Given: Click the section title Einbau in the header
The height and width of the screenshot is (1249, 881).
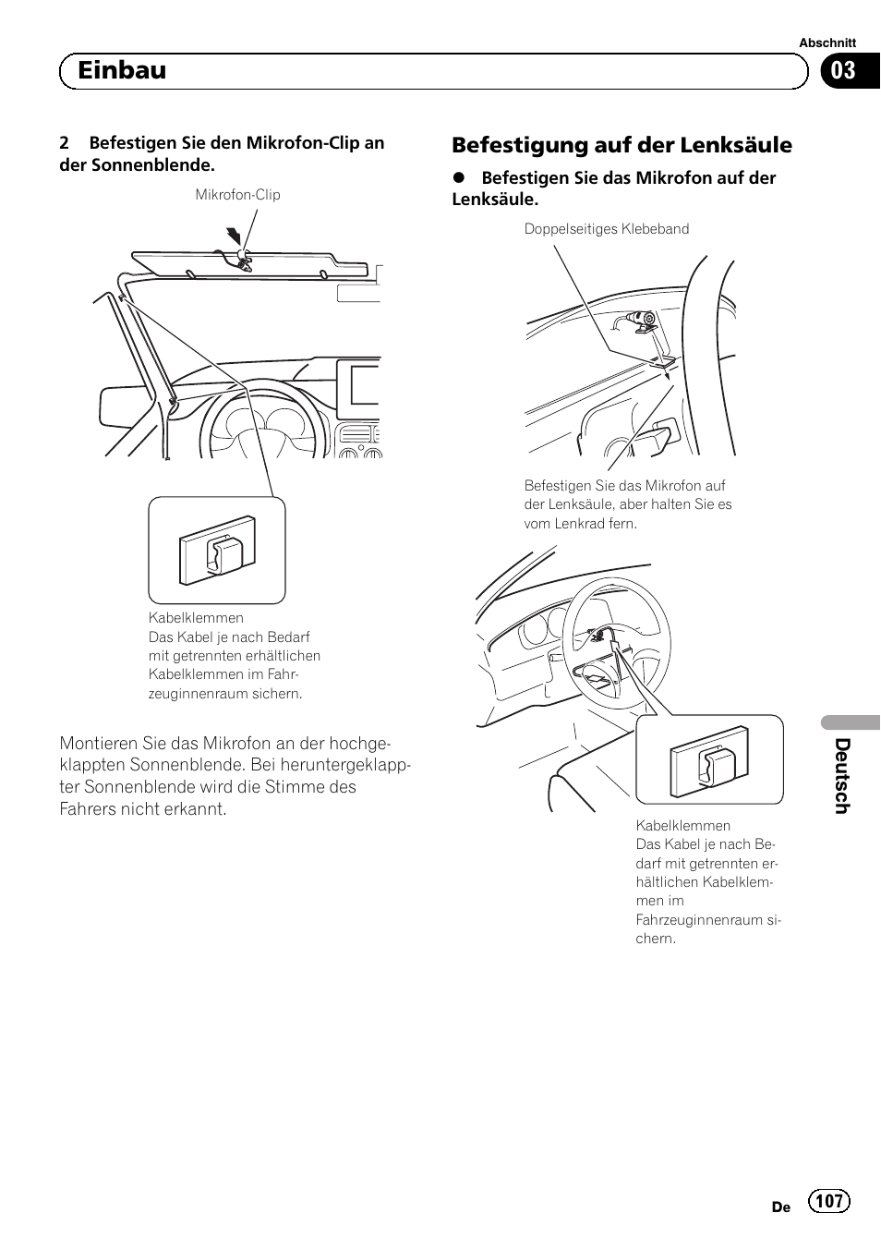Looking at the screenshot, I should click(x=122, y=70).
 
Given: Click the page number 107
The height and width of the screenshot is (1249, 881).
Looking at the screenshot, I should click(x=828, y=1200).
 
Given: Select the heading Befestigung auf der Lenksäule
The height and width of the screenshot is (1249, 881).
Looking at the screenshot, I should click(x=622, y=145).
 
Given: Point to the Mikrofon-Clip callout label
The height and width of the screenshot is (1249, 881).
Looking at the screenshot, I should click(x=237, y=195).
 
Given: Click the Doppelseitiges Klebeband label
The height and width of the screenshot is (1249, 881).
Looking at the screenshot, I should click(x=606, y=229).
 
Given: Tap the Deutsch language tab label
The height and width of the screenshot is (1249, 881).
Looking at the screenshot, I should click(x=840, y=775).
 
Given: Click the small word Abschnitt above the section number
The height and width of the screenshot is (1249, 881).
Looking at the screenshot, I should click(x=827, y=42).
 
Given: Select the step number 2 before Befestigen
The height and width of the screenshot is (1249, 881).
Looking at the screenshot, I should click(x=64, y=143).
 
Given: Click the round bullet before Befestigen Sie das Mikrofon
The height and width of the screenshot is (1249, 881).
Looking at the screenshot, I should click(x=458, y=177).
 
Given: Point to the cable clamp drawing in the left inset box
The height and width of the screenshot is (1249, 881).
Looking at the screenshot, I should click(x=217, y=551).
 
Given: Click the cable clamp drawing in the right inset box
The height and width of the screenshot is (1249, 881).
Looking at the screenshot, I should click(x=709, y=759).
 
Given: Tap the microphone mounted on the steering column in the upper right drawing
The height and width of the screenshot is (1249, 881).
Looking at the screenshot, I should click(x=638, y=321).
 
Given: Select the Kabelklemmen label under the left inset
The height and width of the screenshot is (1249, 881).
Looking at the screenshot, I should click(x=196, y=618).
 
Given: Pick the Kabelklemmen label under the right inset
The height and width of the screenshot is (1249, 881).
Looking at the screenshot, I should click(x=682, y=826).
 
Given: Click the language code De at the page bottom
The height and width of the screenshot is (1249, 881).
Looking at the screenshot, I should click(x=780, y=1207).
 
